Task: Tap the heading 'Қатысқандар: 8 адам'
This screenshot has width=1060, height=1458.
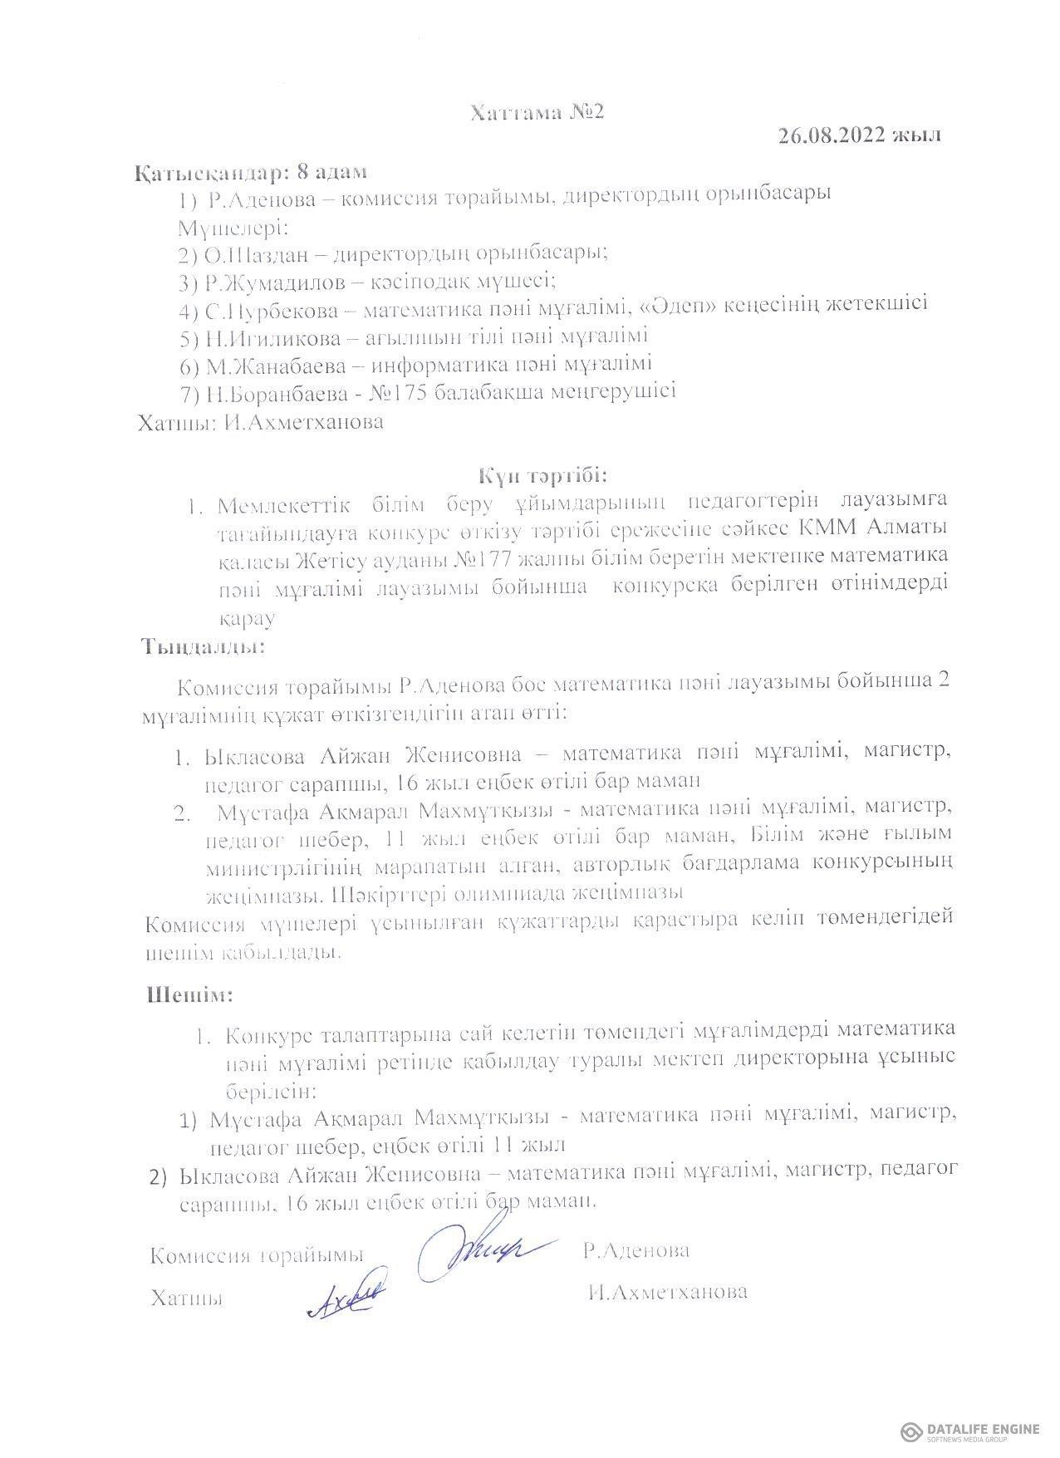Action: point(250,173)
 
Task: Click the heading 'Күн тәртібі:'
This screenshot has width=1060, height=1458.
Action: point(542,476)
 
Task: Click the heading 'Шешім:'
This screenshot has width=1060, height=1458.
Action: point(189,994)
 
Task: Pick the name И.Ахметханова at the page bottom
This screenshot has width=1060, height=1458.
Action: point(666,1292)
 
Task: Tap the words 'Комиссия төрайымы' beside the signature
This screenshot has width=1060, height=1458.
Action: point(257,1254)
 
